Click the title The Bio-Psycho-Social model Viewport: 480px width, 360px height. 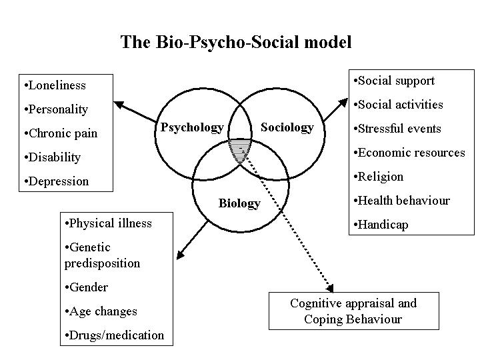point(236,42)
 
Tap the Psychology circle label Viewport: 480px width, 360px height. point(192,127)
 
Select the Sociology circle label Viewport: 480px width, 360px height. point(287,127)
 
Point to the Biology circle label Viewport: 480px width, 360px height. point(239,203)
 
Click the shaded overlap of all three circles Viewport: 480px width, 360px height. point(240,150)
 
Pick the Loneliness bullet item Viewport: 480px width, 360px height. point(55,85)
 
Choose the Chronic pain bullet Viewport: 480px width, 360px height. point(61,133)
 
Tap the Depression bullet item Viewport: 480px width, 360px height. point(57,181)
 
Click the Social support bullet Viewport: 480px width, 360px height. point(394,81)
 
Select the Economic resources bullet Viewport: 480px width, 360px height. point(409,153)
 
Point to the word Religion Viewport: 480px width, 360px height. point(381,177)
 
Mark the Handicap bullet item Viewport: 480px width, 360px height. point(381,225)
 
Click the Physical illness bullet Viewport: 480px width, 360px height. point(109,223)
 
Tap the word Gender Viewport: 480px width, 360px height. point(89,287)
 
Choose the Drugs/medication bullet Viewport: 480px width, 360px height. point(115,335)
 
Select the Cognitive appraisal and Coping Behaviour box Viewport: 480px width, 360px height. point(354,311)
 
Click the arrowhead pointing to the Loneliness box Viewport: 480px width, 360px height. point(118,105)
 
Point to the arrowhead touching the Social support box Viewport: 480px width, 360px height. point(343,103)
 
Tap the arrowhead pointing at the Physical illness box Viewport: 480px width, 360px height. point(180,255)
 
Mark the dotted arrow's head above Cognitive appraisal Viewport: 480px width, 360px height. point(330,288)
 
